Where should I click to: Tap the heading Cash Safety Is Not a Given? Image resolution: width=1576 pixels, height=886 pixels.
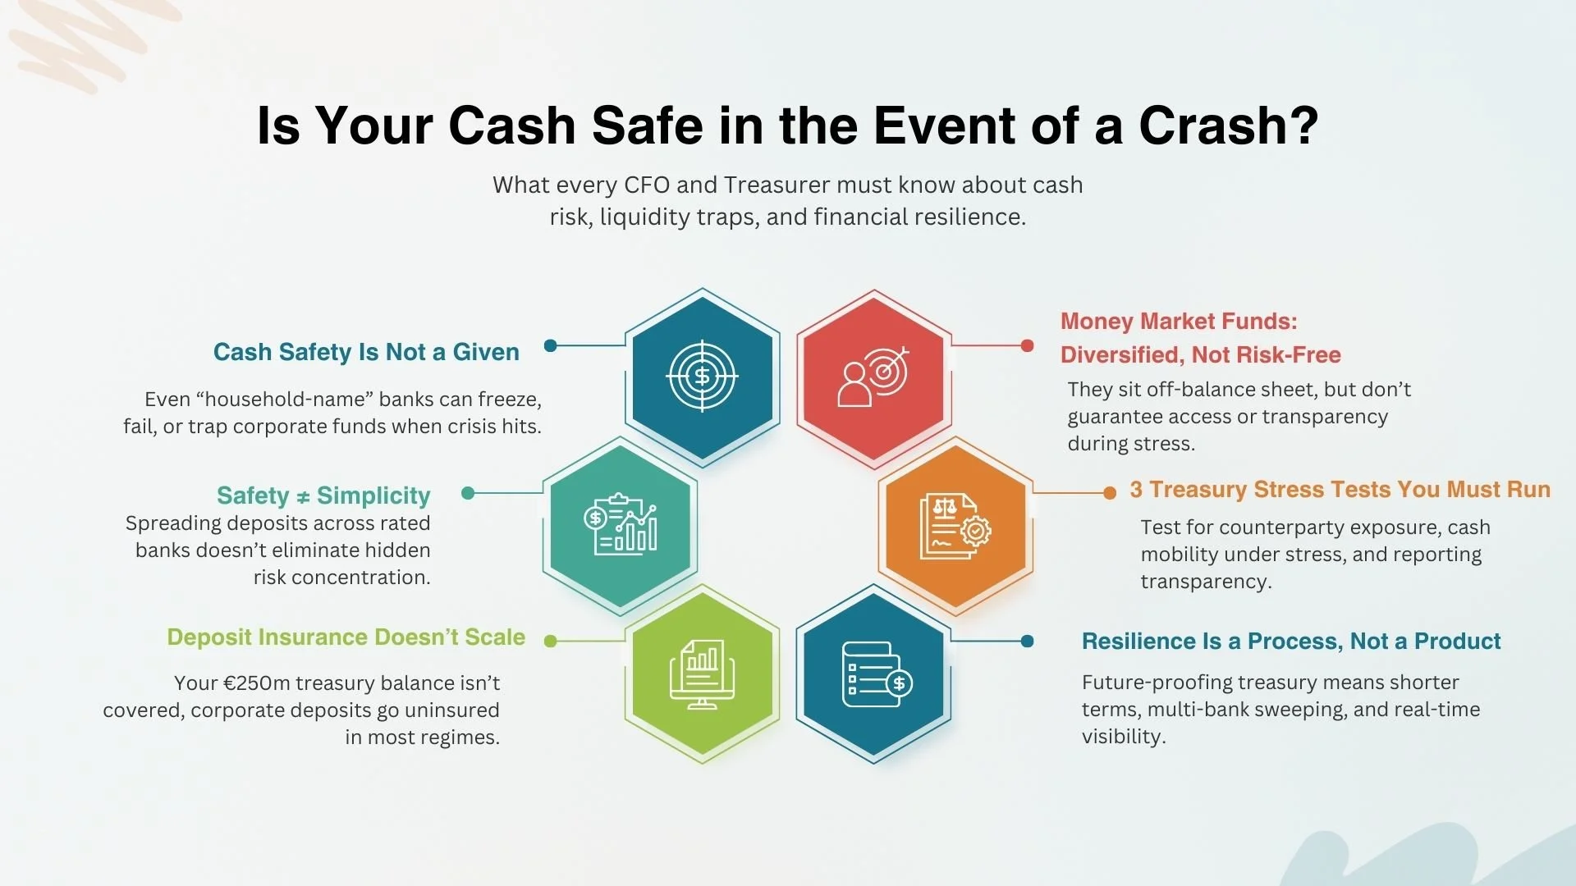(366, 352)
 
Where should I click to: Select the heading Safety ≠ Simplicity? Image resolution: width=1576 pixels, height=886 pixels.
(323, 496)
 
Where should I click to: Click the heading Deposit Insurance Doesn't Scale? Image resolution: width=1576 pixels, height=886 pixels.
(346, 637)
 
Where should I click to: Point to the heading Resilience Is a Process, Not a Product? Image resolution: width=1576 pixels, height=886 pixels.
(1290, 642)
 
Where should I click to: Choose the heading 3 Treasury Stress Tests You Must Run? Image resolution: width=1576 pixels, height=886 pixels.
(1340, 490)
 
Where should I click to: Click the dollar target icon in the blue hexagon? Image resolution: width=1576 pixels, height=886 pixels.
(702, 376)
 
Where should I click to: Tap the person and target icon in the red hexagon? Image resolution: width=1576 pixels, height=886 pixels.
(873, 376)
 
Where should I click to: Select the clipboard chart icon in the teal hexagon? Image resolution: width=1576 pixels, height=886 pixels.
(621, 525)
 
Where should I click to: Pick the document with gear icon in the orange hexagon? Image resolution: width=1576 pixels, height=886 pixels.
(955, 526)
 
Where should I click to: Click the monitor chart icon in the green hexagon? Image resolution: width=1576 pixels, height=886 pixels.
(702, 674)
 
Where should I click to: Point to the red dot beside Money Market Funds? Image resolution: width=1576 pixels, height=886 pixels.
(1027, 345)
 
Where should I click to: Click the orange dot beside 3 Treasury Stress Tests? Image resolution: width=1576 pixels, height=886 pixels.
(1110, 492)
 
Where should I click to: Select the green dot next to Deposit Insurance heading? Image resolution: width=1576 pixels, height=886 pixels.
(551, 641)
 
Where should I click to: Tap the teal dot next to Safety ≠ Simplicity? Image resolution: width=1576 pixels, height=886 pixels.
(468, 493)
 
